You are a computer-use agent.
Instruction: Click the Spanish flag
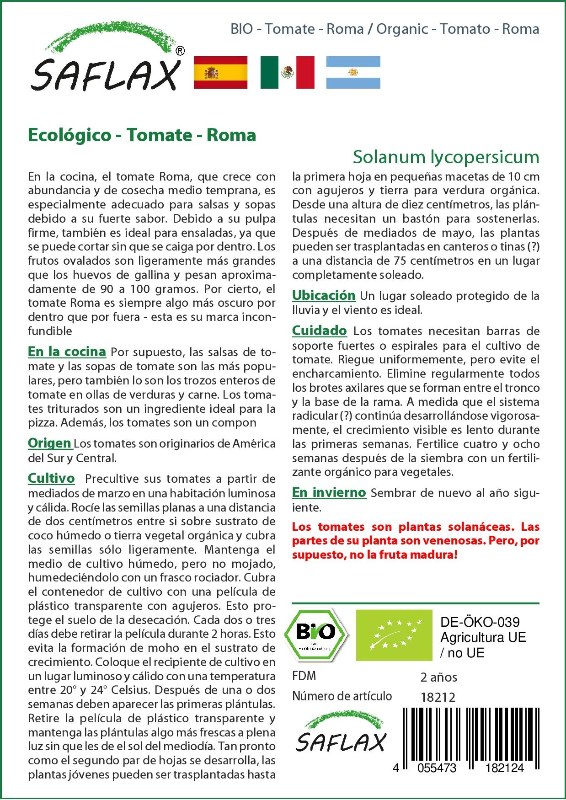point(220,72)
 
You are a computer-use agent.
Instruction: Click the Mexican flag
point(287,72)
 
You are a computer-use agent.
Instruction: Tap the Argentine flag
point(353,72)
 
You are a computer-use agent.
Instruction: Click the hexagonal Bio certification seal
point(315,635)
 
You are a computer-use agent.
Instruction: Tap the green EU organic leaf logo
point(394,635)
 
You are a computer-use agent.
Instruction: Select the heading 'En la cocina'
point(67,352)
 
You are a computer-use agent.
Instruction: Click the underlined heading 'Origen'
point(49,443)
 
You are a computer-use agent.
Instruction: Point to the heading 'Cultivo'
point(51,478)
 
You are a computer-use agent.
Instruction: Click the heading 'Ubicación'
point(324,295)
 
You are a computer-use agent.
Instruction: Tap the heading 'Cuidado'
point(319,331)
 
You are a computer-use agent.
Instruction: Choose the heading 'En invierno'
point(329,492)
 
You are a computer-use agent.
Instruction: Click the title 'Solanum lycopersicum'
point(446,157)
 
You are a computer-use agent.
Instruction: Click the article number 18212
point(438,697)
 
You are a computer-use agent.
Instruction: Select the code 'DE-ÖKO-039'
point(480,622)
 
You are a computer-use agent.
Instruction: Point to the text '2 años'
point(438,677)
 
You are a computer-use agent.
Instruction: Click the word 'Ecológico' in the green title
point(69,135)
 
